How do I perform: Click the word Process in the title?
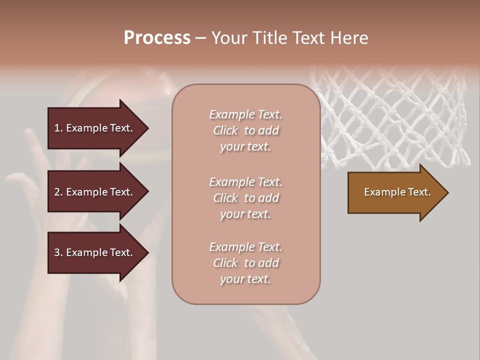pyautogui.click(x=157, y=38)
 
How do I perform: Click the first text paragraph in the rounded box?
pyautogui.click(x=245, y=130)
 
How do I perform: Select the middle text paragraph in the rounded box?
pyautogui.click(x=245, y=198)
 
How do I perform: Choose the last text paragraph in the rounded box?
pyautogui.click(x=245, y=263)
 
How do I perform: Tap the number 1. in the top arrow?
pyautogui.click(x=58, y=128)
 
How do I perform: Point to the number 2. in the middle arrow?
pyautogui.click(x=58, y=192)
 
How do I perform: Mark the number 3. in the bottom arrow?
pyautogui.click(x=58, y=252)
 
